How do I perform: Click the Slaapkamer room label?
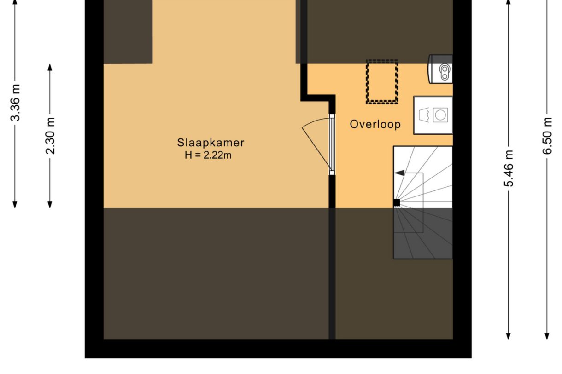pyautogui.click(x=211, y=143)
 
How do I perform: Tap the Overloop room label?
pyautogui.click(x=375, y=124)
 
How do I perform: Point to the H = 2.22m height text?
pyautogui.click(x=208, y=155)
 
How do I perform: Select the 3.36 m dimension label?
pyautogui.click(x=15, y=103)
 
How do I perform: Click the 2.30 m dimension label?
pyautogui.click(x=50, y=136)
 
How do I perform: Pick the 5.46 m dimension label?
pyautogui.click(x=509, y=168)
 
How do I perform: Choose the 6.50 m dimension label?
pyautogui.click(x=547, y=136)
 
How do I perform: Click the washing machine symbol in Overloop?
pyautogui.click(x=433, y=115)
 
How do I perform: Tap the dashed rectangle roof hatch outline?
pyautogui.click(x=382, y=82)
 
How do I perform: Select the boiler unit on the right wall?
pyautogui.click(x=440, y=69)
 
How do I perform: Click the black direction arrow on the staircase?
pyautogui.click(x=400, y=173)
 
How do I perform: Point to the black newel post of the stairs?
pyautogui.click(x=397, y=202)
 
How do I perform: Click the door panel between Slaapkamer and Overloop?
pyautogui.click(x=332, y=144)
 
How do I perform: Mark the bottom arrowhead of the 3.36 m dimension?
pyautogui.click(x=15, y=204)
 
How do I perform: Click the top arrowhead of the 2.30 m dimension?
pyautogui.click(x=50, y=68)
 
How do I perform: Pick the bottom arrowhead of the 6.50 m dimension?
pyautogui.click(x=547, y=336)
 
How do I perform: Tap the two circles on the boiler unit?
pyautogui.click(x=445, y=72)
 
